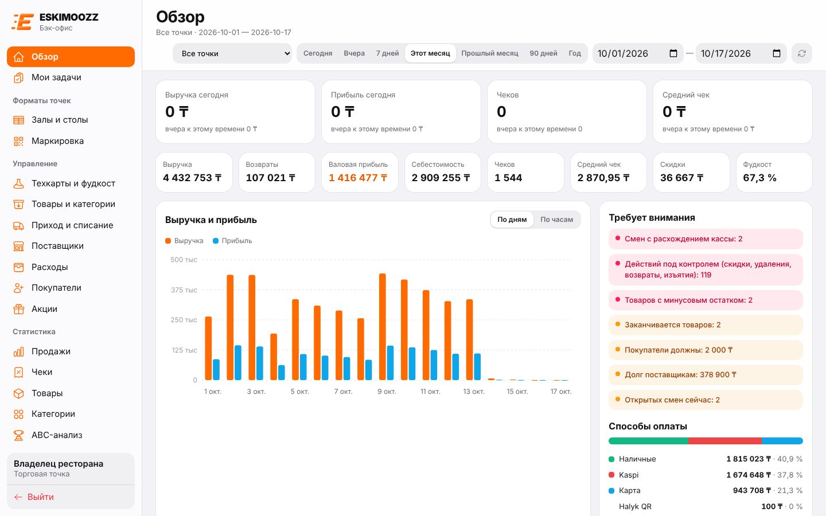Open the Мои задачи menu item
click(x=56, y=77)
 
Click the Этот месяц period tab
click(x=430, y=53)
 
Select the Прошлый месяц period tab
click(x=490, y=53)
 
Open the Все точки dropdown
click(x=232, y=53)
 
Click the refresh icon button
click(x=802, y=53)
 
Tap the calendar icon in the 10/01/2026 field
click(x=673, y=53)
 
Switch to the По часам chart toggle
click(x=556, y=220)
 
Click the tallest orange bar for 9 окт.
click(x=383, y=327)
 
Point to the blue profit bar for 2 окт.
click(x=238, y=363)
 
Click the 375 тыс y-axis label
click(x=184, y=290)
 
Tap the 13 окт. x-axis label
click(x=473, y=392)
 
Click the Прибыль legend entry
click(x=232, y=241)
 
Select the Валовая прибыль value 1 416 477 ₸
click(x=358, y=178)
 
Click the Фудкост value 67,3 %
click(x=759, y=178)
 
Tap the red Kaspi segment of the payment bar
click(x=725, y=441)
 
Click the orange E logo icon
click(x=23, y=22)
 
